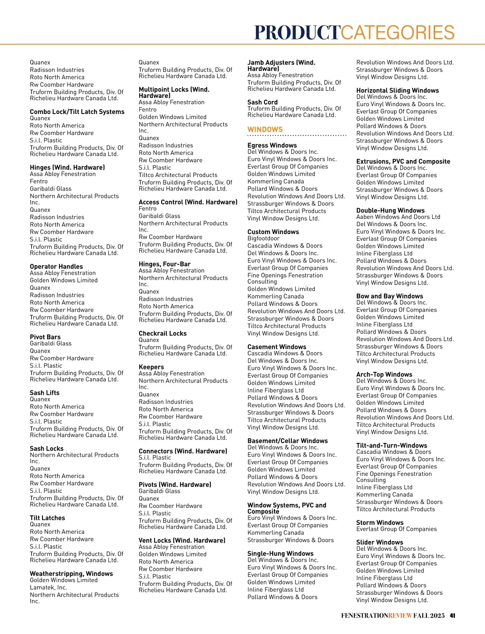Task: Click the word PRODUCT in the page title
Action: point(297,33)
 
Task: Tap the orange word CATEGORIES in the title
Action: point(398,33)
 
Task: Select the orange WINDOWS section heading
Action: point(265,129)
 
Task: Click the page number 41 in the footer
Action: point(453,616)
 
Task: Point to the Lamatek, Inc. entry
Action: point(48,588)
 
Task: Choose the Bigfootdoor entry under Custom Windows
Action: point(264,238)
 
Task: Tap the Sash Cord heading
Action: point(262,102)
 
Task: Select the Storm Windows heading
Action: point(380,522)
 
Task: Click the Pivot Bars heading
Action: point(45,337)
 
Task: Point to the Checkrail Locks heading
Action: point(162,333)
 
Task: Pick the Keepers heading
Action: point(151,367)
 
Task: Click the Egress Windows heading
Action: point(272,145)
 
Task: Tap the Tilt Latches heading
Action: point(47,518)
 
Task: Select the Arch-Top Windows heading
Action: point(384,374)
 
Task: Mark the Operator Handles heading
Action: point(56,266)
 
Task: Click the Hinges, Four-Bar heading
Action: point(164,264)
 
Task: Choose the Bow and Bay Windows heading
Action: point(390,296)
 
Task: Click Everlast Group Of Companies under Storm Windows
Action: point(396,529)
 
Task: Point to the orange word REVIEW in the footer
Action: point(400,616)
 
